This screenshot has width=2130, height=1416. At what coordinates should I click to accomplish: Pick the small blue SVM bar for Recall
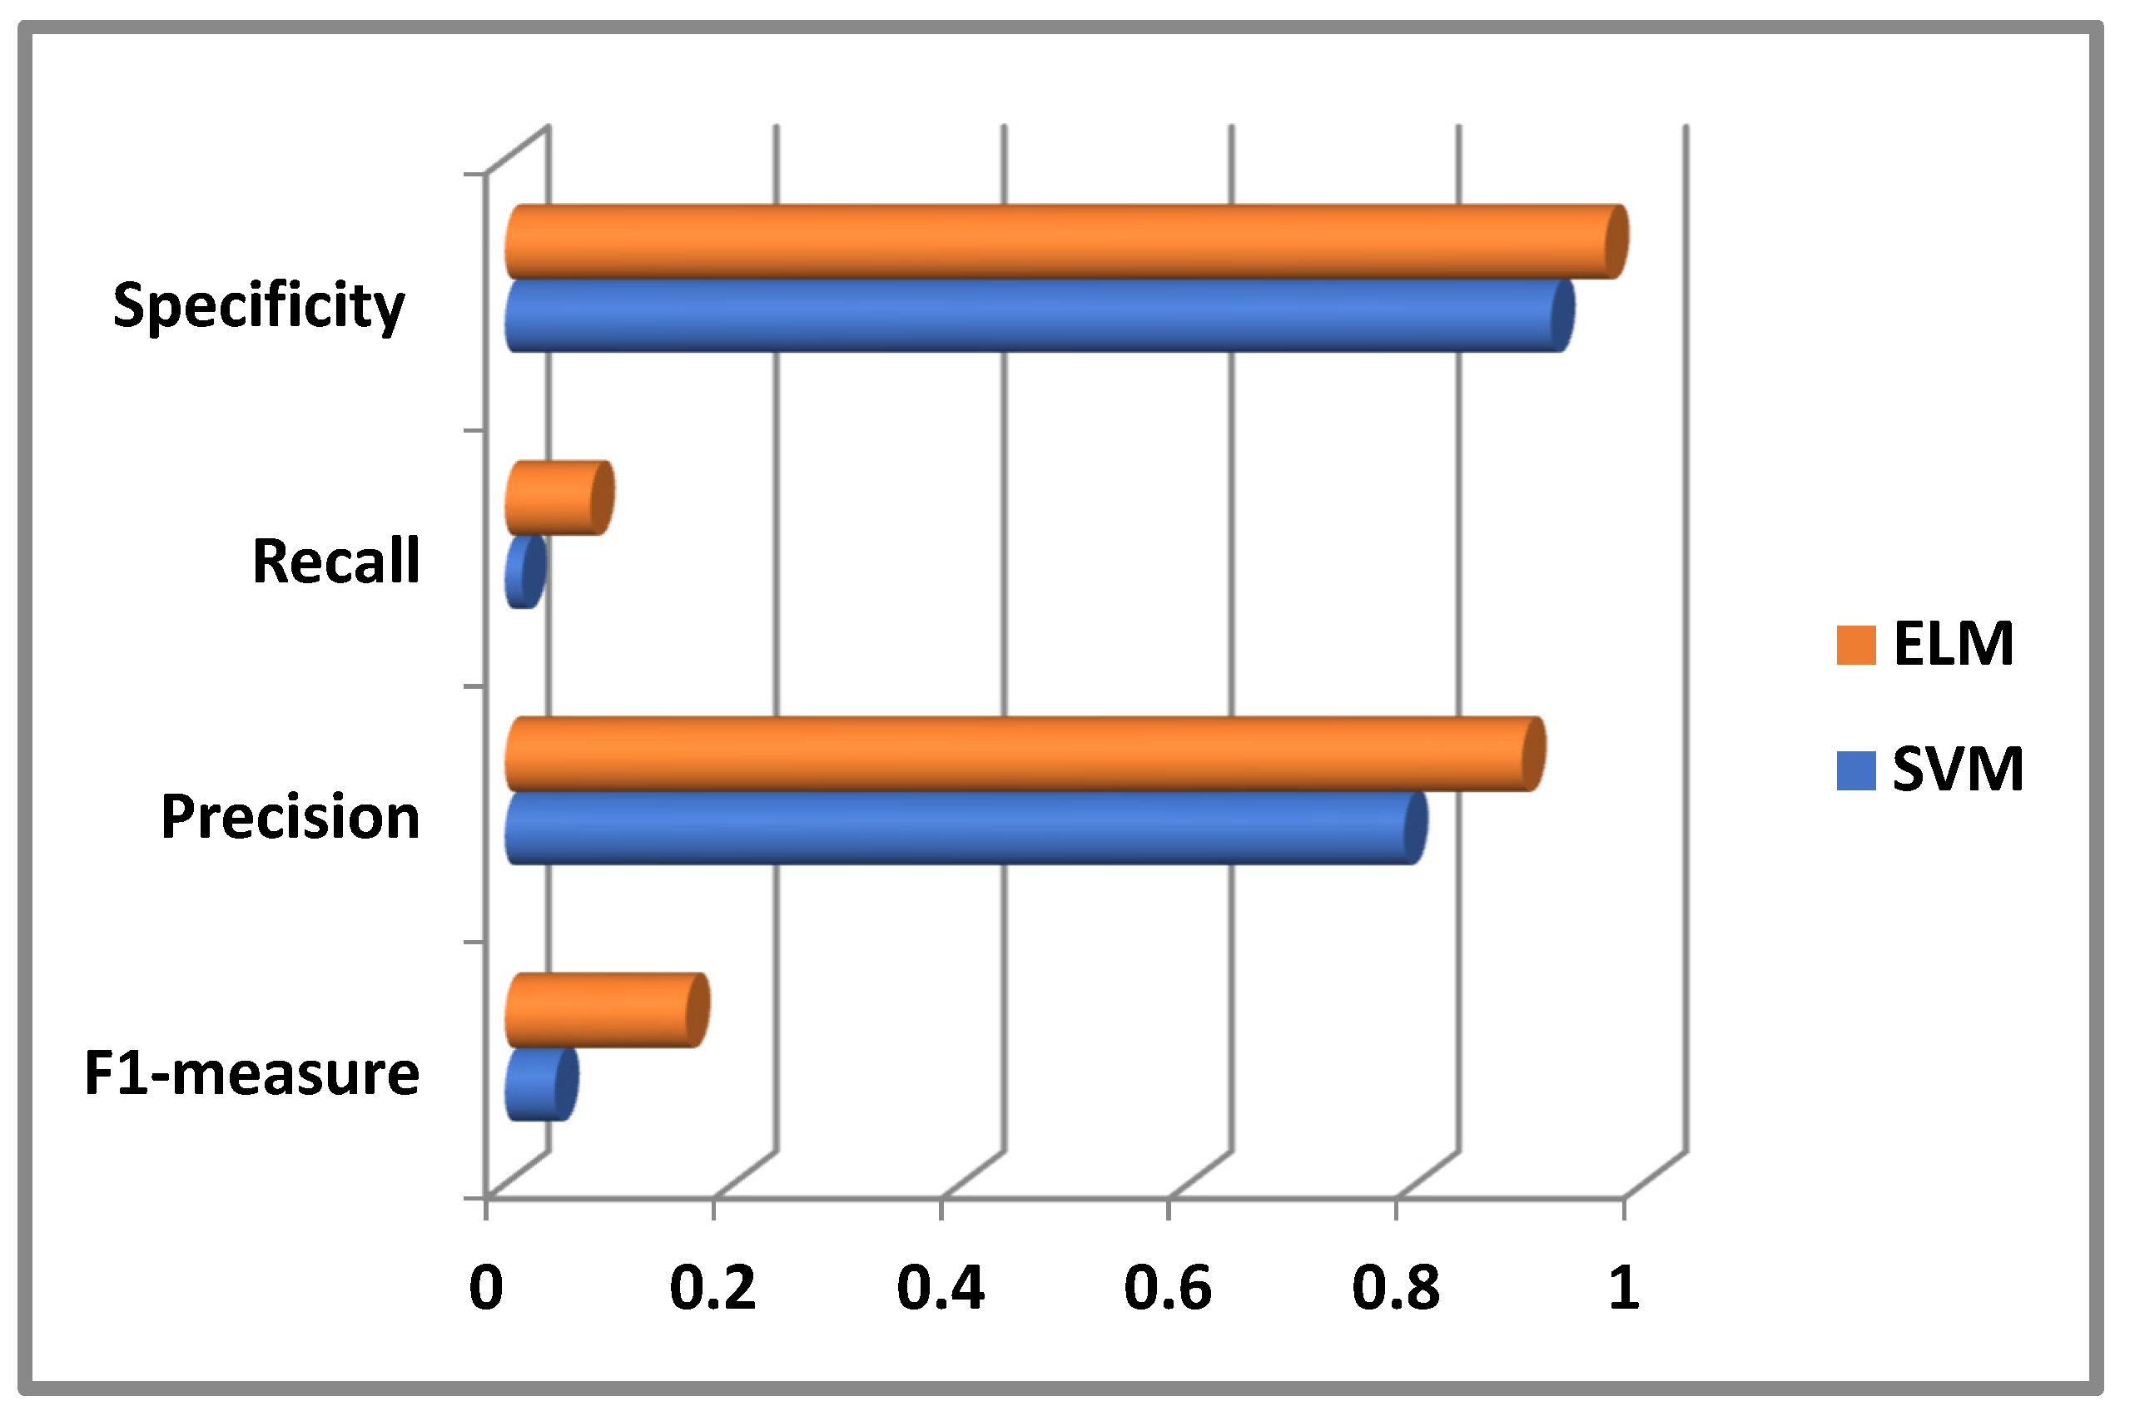[x=526, y=572]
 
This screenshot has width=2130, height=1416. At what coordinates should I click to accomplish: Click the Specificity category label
[x=259, y=305]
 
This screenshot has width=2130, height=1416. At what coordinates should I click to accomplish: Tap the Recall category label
[x=336, y=561]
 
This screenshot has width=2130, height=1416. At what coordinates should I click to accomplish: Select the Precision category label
[x=290, y=816]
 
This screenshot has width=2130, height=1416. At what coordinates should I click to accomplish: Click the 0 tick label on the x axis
[x=486, y=1288]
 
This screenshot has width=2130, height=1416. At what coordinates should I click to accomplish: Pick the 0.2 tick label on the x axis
[x=712, y=1288]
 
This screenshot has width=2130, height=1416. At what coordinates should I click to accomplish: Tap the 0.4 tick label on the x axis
[x=941, y=1288]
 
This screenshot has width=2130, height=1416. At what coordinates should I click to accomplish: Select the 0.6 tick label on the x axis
[x=1167, y=1288]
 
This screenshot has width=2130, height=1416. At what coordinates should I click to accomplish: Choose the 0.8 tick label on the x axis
[x=1396, y=1288]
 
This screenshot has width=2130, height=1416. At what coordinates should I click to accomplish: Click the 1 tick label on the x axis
[x=1623, y=1288]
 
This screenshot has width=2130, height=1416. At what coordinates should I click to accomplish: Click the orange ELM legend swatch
[x=1856, y=645]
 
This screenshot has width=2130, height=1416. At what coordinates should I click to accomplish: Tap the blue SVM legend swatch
[x=1856, y=770]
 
